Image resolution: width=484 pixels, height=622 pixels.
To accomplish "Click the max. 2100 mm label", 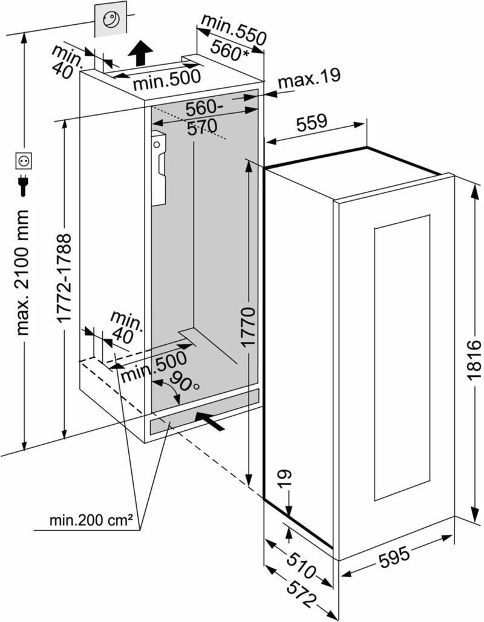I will coord(24,272).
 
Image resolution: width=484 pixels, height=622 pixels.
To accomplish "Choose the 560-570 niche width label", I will coord(203,119).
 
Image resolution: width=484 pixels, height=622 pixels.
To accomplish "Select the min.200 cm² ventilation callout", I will coord(91,520).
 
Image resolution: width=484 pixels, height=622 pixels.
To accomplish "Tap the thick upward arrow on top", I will coord(141,53).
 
